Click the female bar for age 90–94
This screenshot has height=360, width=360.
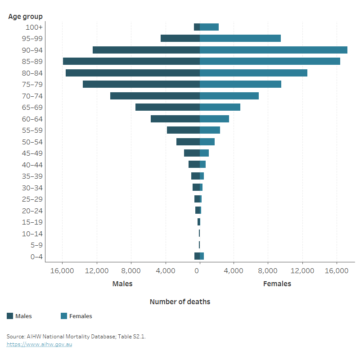(x=273, y=50)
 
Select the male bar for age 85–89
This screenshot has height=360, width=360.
(x=131, y=61)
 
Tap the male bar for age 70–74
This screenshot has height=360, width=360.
(x=155, y=96)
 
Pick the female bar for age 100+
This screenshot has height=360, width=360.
(x=209, y=27)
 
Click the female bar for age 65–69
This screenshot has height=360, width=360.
(x=220, y=107)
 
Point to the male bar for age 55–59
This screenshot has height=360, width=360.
(x=183, y=130)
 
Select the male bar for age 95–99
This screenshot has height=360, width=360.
(x=180, y=38)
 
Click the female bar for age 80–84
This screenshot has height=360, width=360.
(x=253, y=73)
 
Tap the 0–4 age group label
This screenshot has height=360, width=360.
(x=34, y=256)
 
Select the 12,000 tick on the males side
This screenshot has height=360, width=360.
(x=97, y=271)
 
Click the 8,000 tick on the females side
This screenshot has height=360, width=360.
(x=268, y=271)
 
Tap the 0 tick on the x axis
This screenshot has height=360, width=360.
(x=197, y=271)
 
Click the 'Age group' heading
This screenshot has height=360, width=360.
(x=25, y=17)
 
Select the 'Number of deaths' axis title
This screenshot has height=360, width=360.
(x=180, y=301)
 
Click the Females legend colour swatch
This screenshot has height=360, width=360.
(x=64, y=316)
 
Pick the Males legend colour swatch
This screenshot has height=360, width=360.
(x=10, y=316)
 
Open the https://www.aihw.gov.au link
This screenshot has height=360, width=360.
(x=39, y=344)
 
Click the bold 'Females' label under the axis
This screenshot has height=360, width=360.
(x=277, y=284)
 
